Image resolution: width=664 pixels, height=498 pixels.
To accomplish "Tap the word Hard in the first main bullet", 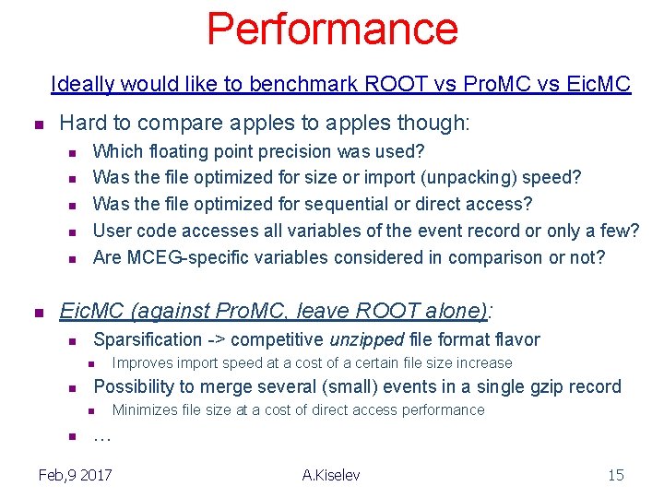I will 80,124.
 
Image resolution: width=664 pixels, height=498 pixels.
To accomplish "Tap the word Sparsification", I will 148,340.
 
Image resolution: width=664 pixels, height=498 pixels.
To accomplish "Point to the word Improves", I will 144,363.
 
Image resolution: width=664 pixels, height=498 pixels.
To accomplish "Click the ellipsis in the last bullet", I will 101,437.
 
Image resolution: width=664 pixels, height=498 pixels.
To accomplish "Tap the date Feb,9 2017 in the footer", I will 76,475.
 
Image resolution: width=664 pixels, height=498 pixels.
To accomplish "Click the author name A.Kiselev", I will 331,475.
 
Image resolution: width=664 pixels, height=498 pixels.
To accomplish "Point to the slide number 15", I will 615,475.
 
